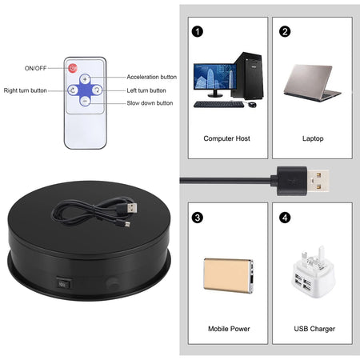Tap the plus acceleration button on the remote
tap(85, 80)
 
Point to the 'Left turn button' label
tap(147, 90)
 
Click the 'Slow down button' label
tap(150, 103)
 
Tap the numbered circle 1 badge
tap(196, 33)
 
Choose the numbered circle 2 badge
tap(283, 33)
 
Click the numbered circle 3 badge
tap(196, 217)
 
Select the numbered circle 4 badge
tap(283, 217)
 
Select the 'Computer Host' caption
tap(226, 138)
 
